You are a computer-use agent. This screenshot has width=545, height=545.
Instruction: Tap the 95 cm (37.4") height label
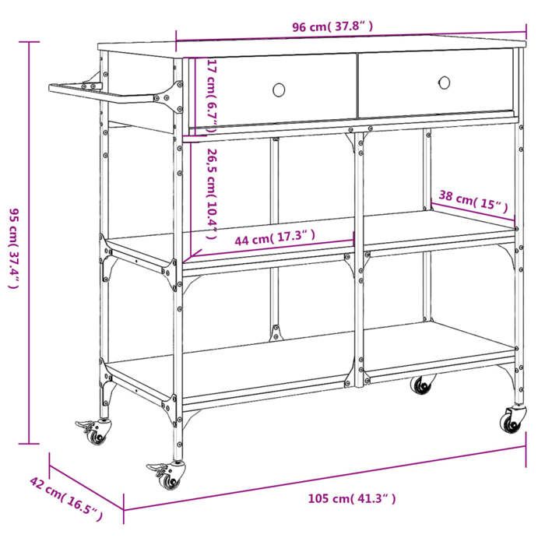point(14,247)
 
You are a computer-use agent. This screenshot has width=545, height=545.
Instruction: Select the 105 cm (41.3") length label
point(352,498)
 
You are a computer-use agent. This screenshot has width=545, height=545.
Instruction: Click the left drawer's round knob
point(279,90)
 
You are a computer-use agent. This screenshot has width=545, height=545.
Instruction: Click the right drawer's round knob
point(445,83)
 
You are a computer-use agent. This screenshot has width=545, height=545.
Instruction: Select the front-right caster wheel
point(512,420)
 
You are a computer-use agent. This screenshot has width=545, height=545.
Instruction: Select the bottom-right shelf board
point(436,348)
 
